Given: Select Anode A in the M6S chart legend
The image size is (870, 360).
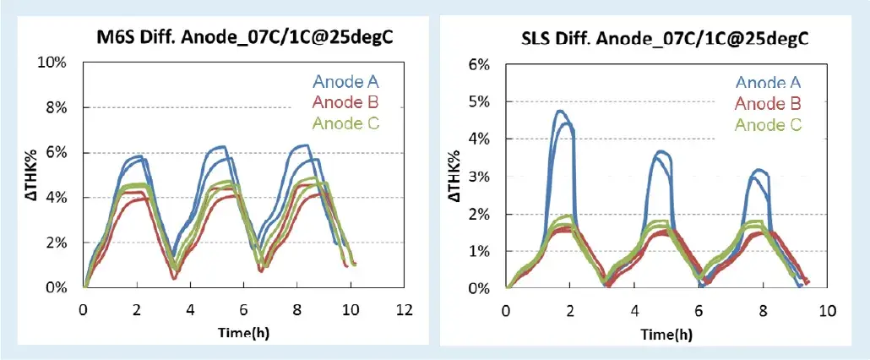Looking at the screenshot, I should click(x=345, y=82).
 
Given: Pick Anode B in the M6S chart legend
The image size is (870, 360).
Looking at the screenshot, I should click(x=345, y=102).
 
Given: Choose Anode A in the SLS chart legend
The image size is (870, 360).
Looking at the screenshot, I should click(x=767, y=82).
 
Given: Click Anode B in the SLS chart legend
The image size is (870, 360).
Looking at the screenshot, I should click(x=767, y=103).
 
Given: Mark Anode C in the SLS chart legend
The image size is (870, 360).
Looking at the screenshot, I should click(x=767, y=124).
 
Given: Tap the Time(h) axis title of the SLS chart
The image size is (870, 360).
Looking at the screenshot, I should click(x=666, y=334).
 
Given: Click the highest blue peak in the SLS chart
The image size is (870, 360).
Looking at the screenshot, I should click(x=559, y=111).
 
